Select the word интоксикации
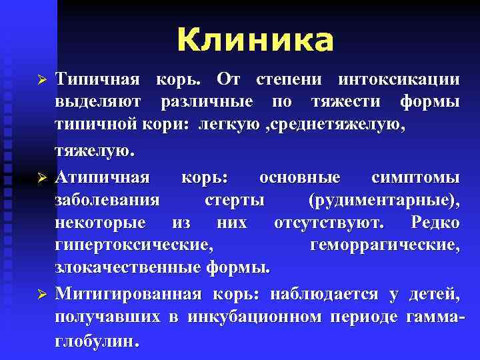click(x=399, y=80)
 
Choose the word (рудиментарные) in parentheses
click(x=384, y=200)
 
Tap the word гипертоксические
click(x=134, y=245)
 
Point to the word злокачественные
click(x=127, y=268)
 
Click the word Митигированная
click(x=131, y=293)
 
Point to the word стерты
click(x=235, y=200)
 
